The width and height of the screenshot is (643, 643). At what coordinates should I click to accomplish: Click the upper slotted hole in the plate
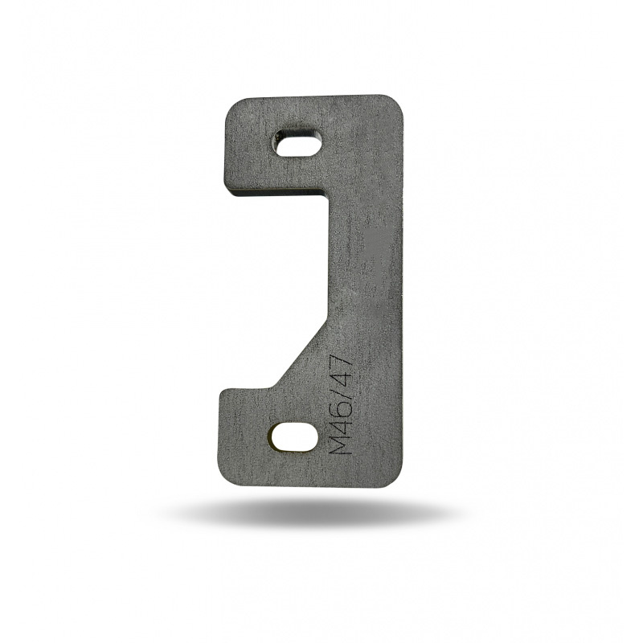pyautogui.click(x=298, y=143)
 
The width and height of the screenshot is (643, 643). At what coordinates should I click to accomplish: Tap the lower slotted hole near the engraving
pyautogui.click(x=293, y=436)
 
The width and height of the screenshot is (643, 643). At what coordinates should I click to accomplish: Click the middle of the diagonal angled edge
pyautogui.click(x=302, y=354)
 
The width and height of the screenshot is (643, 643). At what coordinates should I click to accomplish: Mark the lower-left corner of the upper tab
pyautogui.click(x=230, y=193)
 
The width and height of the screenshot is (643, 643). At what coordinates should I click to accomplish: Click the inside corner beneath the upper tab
pyautogui.click(x=328, y=195)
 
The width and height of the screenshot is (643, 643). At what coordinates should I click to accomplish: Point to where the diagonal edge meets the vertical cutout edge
pyautogui.click(x=328, y=317)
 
